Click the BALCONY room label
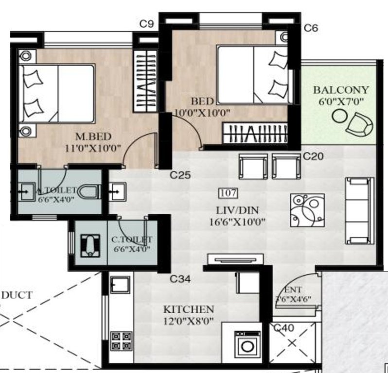[x=340, y=90]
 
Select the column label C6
[x=311, y=28]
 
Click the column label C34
[x=179, y=279]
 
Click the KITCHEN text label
[x=188, y=309]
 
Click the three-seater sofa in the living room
[x=359, y=210]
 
